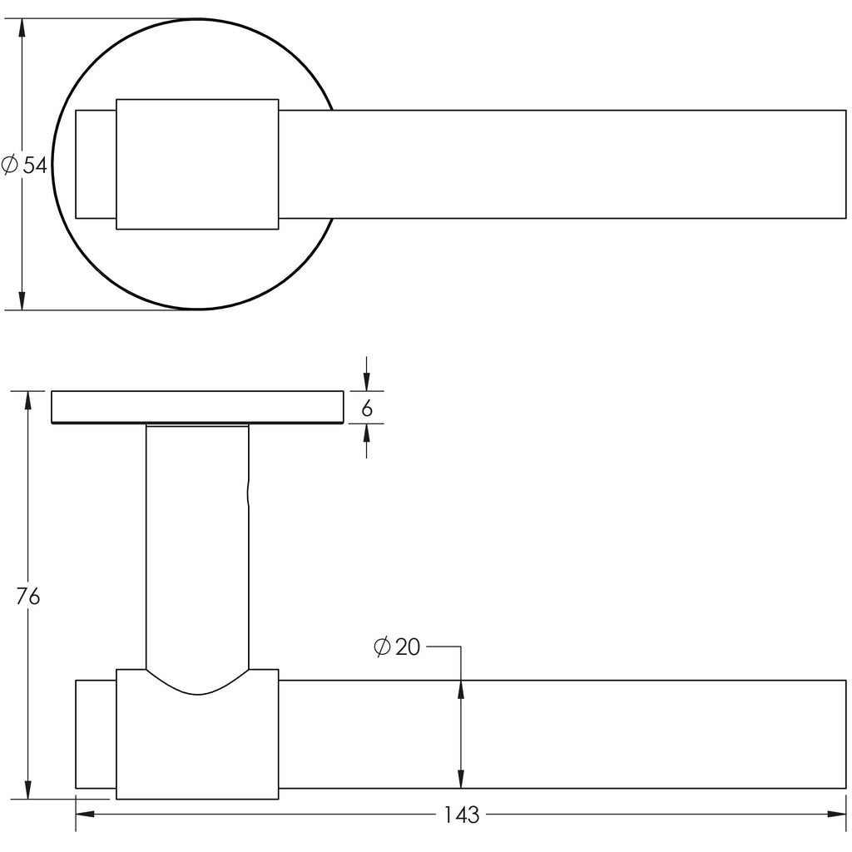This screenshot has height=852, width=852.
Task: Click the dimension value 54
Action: click(35, 165)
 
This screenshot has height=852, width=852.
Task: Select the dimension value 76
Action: click(27, 596)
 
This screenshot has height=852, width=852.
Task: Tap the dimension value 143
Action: click(462, 815)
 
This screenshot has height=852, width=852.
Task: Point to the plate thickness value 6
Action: click(367, 408)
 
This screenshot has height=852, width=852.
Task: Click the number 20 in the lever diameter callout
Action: click(408, 647)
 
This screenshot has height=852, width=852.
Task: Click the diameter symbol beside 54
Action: click(10, 164)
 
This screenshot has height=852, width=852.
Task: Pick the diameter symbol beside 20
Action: click(383, 646)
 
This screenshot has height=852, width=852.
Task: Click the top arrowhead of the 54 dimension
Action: click(22, 27)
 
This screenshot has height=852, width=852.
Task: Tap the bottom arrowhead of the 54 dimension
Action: click(22, 300)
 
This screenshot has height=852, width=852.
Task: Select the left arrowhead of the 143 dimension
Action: click(85, 814)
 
